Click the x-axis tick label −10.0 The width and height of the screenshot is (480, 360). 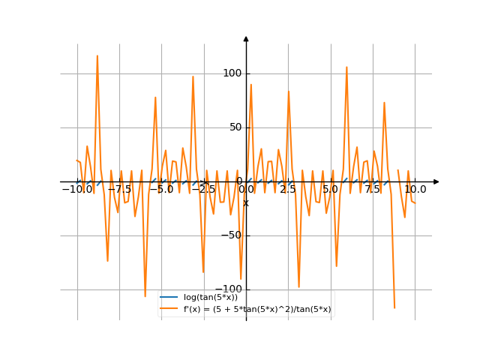click(x=76, y=190)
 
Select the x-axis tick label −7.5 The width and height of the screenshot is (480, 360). click(x=118, y=190)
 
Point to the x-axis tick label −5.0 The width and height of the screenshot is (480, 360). click(x=160, y=190)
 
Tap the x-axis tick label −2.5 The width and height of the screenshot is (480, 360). click(x=202, y=190)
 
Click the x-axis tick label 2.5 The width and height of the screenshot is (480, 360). click(x=288, y=190)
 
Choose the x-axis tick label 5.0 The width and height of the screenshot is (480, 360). click(x=330, y=190)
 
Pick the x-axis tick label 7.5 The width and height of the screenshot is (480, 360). click(x=373, y=190)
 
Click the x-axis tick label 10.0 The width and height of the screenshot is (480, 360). click(x=415, y=190)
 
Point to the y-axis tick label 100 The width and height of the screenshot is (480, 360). click(x=232, y=73)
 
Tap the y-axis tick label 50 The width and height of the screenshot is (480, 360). click(x=235, y=127)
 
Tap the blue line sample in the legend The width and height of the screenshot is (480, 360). click(x=169, y=298)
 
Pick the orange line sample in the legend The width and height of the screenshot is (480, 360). click(x=169, y=309)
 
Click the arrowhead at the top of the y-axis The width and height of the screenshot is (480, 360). click(x=246, y=37)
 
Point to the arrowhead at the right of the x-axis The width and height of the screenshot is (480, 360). click(x=436, y=181)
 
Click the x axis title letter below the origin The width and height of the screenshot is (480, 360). click(x=246, y=203)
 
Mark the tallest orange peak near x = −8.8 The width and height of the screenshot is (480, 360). click(x=97, y=55)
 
